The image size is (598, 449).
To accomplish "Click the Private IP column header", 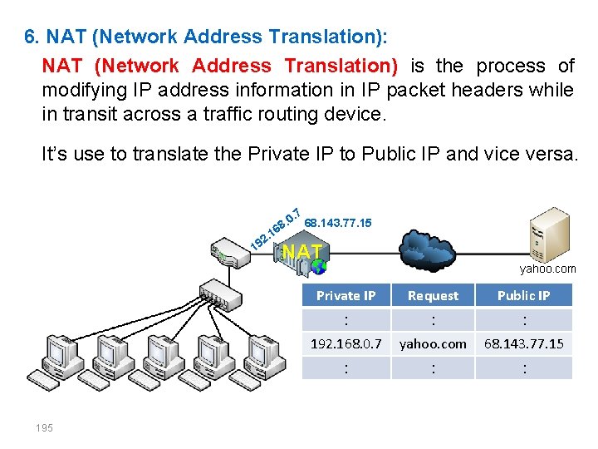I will pyautogui.click(x=346, y=295).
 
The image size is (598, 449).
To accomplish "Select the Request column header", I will pyautogui.click(x=433, y=295).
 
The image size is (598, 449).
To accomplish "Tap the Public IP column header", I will pyautogui.click(x=523, y=295).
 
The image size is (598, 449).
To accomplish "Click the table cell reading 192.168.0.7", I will pyautogui.click(x=346, y=343).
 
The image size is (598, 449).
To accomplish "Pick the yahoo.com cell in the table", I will pyautogui.click(x=433, y=343).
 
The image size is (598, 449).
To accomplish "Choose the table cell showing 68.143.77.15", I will pyautogui.click(x=523, y=343).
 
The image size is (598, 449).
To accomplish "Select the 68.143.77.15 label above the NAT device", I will pyautogui.click(x=338, y=223).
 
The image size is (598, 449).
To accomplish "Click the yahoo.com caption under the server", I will pyautogui.click(x=547, y=269).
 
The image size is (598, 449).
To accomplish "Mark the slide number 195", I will pyautogui.click(x=44, y=427).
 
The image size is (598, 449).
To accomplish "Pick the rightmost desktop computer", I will pyautogui.click(x=270, y=358).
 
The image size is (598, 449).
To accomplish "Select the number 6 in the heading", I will pyautogui.click(x=30, y=37).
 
